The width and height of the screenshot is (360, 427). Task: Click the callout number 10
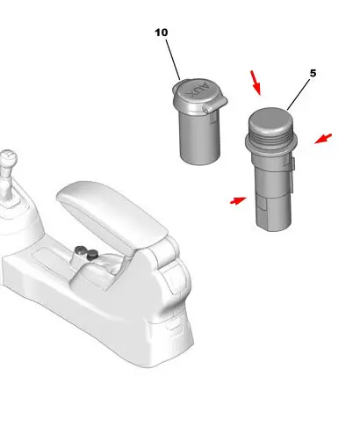point(162,33)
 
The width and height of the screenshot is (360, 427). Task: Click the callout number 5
point(313,73)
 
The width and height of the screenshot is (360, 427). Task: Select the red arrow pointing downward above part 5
point(256,83)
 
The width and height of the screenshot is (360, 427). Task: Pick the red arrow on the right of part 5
point(323,139)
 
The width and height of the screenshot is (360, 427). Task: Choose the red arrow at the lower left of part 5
point(238,200)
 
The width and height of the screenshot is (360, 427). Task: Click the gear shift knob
point(8,159)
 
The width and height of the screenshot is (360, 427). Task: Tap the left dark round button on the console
point(80,250)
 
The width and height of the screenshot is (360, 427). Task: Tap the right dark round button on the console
point(92,255)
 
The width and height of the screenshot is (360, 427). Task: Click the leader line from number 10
point(173,60)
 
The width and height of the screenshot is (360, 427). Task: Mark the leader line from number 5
point(299,94)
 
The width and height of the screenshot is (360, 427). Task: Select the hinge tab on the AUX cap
point(216,105)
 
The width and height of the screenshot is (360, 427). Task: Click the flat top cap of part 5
point(270,119)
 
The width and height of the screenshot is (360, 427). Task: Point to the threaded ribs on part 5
point(270,135)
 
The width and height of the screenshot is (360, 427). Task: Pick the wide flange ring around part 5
point(271,144)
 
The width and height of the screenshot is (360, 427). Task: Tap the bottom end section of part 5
point(274,213)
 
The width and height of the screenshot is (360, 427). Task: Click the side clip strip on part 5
point(291,175)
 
